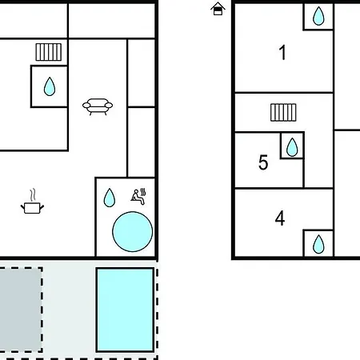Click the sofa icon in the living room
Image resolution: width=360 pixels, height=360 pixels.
98,106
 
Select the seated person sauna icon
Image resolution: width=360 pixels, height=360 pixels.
138,197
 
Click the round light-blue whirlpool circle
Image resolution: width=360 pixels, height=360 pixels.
133,231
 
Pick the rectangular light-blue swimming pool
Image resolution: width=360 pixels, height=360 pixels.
125,310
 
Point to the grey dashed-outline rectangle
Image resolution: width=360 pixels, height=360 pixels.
21,310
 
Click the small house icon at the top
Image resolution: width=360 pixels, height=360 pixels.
218,9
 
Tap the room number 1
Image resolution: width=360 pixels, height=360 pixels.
282,53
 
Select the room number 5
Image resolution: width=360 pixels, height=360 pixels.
263,162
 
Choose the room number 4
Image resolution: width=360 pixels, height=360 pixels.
280,218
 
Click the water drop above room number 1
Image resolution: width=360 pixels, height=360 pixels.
318,16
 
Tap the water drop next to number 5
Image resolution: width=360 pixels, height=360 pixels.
292,147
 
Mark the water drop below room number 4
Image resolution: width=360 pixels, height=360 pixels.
318,244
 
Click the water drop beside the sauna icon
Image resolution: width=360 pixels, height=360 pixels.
110,198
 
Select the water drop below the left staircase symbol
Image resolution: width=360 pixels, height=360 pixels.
50,86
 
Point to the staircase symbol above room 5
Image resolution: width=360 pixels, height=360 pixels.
283,112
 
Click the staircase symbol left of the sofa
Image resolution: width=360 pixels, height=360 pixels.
49,52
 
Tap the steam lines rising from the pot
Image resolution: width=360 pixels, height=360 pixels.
33,195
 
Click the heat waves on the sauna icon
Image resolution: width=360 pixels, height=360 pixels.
143,192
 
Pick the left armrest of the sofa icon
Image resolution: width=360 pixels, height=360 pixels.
86,106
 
